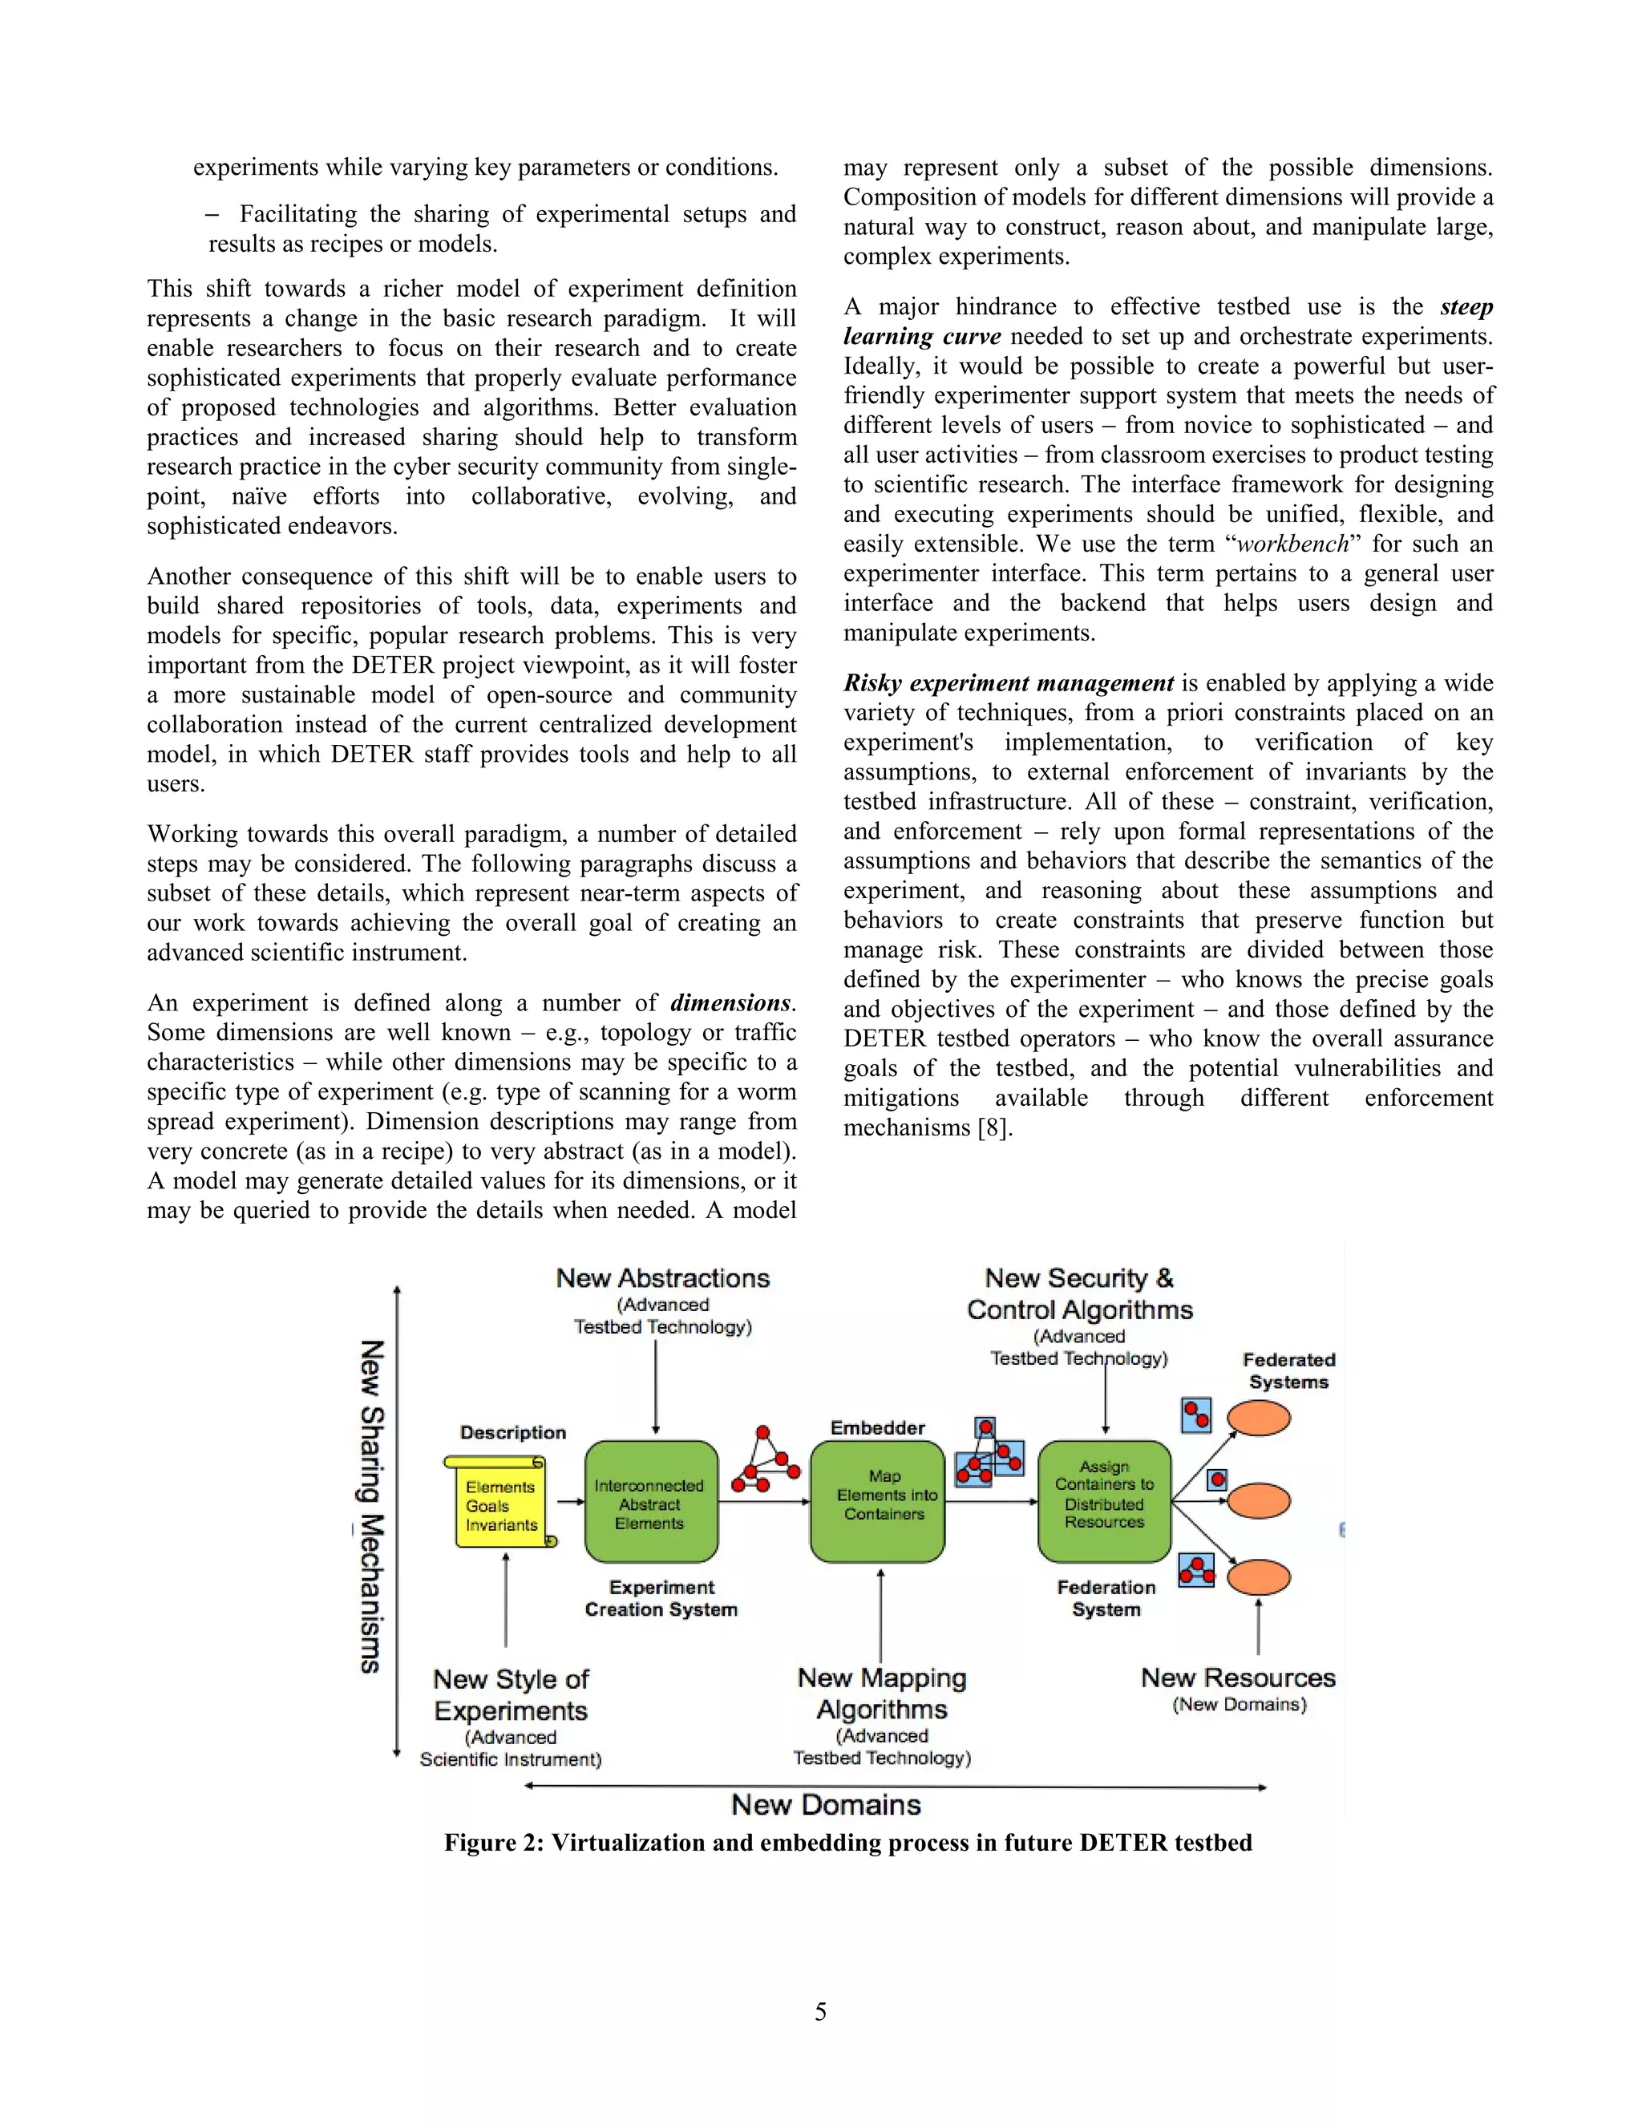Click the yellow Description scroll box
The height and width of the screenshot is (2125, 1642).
coord(500,1504)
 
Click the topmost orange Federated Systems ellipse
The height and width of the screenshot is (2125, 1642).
coord(1258,1418)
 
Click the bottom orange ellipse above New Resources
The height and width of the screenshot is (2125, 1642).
coord(1258,1577)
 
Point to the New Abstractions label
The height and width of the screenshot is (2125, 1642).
coord(662,1277)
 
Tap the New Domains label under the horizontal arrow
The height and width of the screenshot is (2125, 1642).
coord(826,1805)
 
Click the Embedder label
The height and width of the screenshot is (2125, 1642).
coord(877,1427)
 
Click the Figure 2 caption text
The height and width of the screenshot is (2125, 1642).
coord(847,1843)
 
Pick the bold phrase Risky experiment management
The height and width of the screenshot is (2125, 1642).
coord(1009,683)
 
